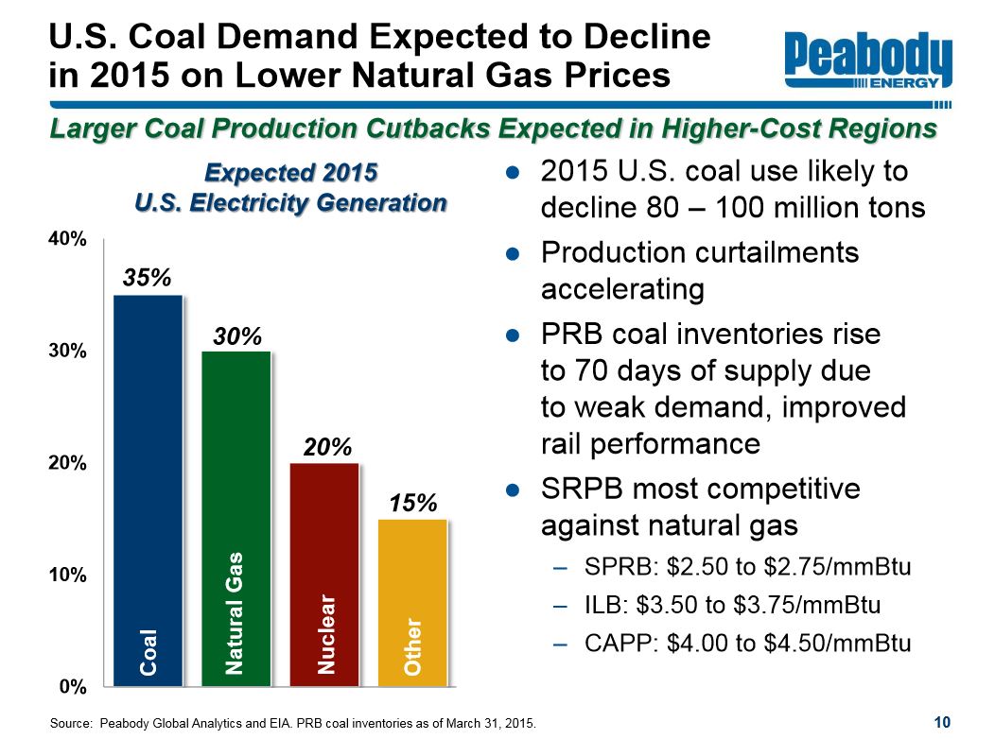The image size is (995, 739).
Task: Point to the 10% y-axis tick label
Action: coord(68,575)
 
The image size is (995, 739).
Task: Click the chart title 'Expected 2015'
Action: coord(291,174)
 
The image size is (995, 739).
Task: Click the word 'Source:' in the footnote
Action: coord(71,723)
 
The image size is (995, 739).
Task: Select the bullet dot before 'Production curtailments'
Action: coord(513,253)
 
